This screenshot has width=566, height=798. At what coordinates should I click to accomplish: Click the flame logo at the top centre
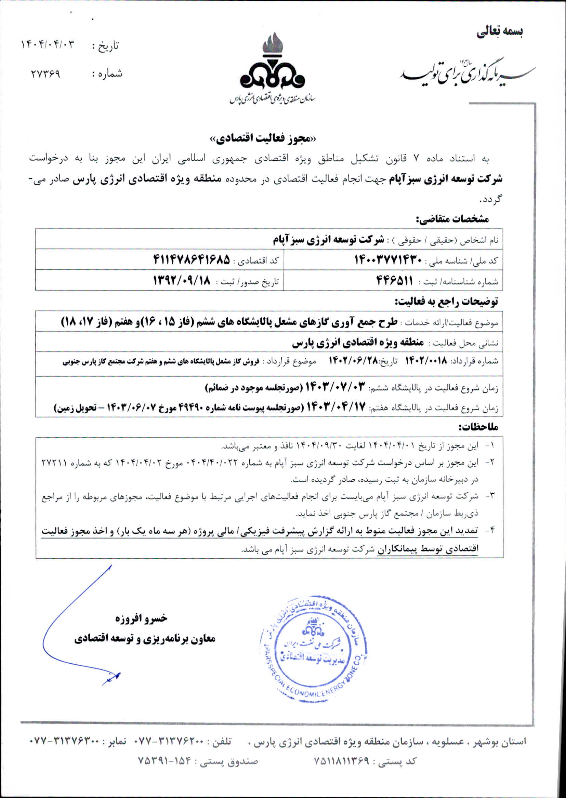(x=273, y=66)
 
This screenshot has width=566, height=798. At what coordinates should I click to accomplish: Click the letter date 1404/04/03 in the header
(x=48, y=44)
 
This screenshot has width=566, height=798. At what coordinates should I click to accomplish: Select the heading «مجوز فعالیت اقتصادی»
(x=264, y=138)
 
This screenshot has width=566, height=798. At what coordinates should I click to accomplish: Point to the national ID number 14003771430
(x=388, y=260)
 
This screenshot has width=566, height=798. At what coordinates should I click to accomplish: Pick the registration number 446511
(x=394, y=280)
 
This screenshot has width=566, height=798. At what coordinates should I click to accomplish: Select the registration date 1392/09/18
(x=182, y=280)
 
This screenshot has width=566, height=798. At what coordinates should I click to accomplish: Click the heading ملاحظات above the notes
(x=478, y=427)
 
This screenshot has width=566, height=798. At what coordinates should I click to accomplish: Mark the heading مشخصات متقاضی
(x=452, y=219)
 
